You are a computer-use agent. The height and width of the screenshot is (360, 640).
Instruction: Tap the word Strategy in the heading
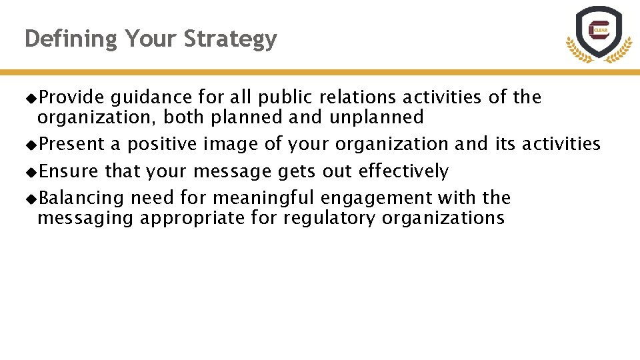230,40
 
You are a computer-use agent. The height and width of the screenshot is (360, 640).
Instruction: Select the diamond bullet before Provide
31,98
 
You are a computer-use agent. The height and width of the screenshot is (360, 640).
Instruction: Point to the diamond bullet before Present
31,145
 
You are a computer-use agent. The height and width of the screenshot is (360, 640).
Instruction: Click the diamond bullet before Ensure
31,172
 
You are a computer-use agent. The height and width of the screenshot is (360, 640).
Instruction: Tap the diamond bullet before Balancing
31,199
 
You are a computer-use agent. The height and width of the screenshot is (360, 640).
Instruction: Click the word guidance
151,98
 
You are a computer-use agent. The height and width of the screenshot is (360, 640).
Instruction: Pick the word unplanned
376,118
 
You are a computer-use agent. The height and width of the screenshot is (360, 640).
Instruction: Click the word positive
162,145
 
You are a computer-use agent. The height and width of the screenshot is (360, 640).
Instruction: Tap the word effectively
403,172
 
